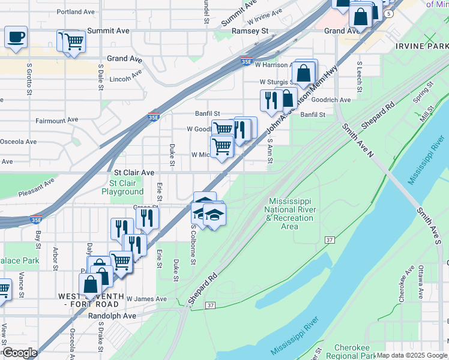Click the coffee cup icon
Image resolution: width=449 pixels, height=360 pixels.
coord(16,37)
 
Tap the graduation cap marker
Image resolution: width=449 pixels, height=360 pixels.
coord(214,214)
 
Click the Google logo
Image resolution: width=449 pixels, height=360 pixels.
coord(19,353)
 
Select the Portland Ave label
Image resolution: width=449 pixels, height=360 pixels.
coord(77,11)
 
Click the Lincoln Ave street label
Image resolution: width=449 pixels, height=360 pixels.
coord(125,76)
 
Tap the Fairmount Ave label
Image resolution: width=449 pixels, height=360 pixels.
coord(56,120)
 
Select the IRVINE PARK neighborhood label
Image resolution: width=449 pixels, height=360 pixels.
coord(421,46)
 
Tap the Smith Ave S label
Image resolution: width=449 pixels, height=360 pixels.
coord(430,226)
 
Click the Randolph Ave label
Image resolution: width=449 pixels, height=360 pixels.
coord(112,316)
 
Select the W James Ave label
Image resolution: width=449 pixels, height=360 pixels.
coord(146,299)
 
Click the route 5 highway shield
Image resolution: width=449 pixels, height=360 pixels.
coord(390,13)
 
